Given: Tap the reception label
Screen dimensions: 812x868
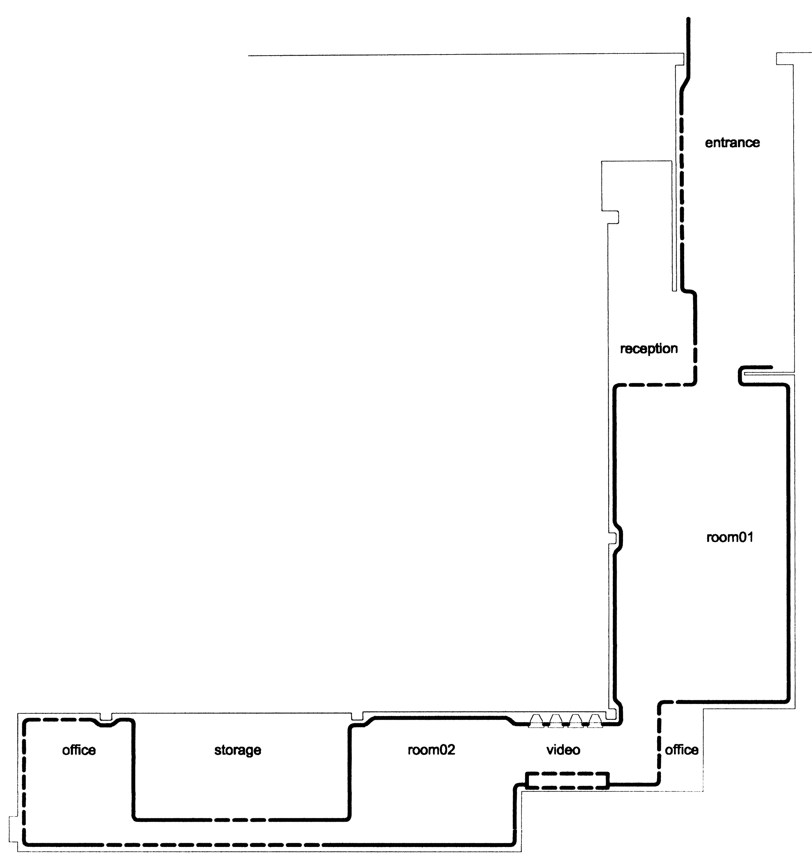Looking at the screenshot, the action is tap(649, 349).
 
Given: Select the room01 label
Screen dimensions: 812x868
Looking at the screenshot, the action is tap(730, 537).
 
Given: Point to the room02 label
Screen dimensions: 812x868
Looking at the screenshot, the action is tap(431, 750).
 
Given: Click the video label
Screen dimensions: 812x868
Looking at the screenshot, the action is tap(563, 750).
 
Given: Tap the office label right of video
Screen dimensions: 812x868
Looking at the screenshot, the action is tap(682, 750).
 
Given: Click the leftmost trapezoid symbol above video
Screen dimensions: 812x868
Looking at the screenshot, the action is tap(536, 721).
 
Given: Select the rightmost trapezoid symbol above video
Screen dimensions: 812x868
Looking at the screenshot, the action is tap(595, 721).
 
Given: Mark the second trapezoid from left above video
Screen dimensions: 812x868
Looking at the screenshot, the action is tap(556, 721).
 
